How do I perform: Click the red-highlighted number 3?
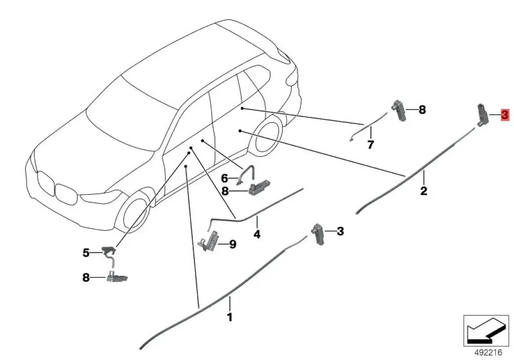click(504, 115)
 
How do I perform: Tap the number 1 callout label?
click(230, 317)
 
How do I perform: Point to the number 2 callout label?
click(424, 191)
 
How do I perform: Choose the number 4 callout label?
click(256, 234)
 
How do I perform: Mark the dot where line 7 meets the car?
click(242, 108)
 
